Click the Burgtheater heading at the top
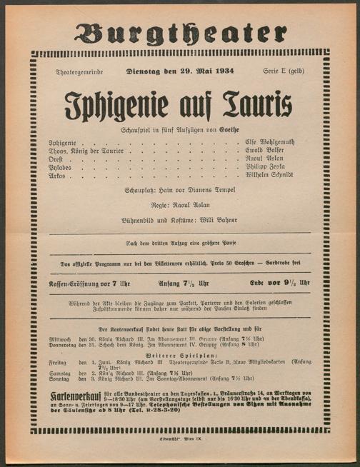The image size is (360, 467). [x=179, y=32]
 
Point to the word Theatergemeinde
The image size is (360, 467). [x=79, y=73]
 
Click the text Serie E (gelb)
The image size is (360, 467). [x=283, y=72]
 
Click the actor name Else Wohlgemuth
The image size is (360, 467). [x=269, y=143]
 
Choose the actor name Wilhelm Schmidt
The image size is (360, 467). [x=269, y=175]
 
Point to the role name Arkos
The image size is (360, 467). [x=57, y=175]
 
